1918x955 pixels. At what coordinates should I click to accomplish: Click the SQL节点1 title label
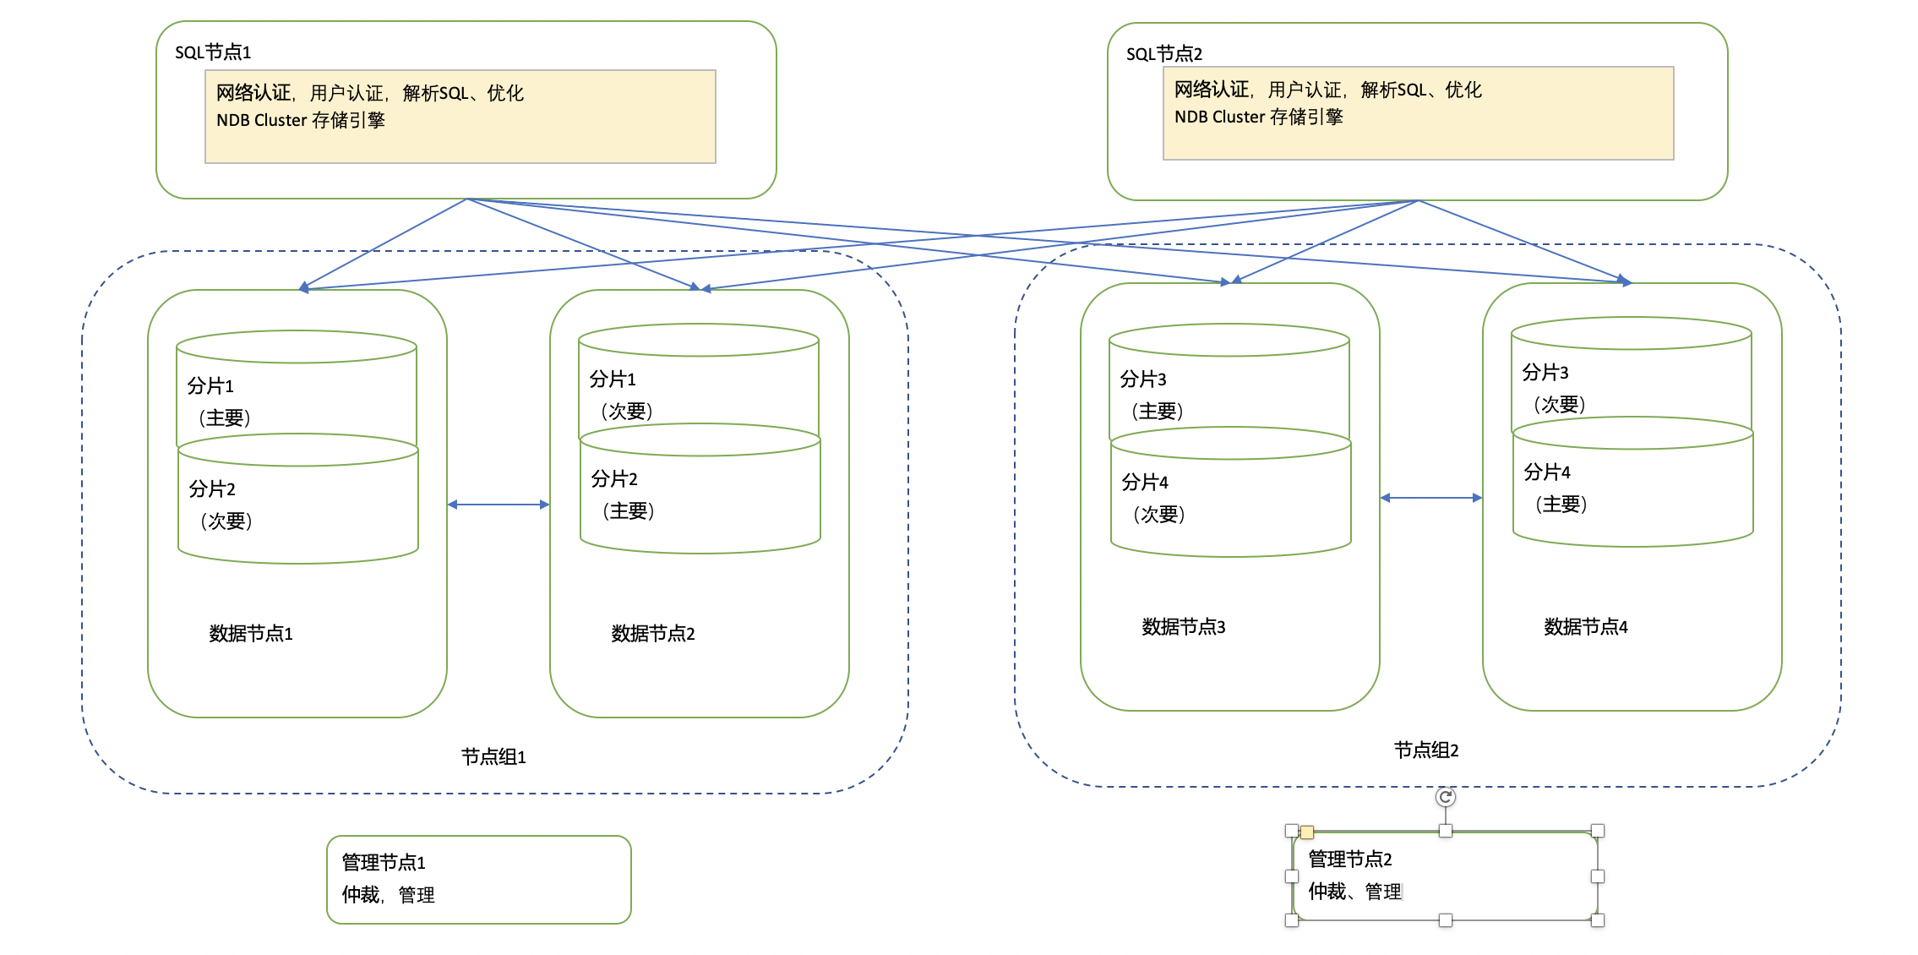[x=213, y=52]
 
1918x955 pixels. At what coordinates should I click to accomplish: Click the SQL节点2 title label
[x=1163, y=54]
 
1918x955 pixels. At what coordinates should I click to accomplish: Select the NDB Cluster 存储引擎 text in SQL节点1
[x=300, y=120]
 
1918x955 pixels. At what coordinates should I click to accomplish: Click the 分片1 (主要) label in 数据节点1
[x=218, y=401]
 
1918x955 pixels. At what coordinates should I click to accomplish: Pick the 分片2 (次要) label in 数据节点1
[x=220, y=505]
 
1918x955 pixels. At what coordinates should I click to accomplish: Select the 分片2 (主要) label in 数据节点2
[x=622, y=494]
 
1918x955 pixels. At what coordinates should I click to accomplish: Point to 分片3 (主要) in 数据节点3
[x=1151, y=395]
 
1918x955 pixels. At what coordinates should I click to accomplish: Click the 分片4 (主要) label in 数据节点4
[x=1555, y=488]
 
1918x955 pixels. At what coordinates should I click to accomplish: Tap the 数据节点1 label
[x=250, y=633]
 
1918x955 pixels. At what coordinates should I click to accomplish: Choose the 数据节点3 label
[x=1183, y=626]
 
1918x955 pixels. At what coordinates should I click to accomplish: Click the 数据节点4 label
[x=1585, y=626]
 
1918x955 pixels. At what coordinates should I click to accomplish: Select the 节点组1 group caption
[x=493, y=756]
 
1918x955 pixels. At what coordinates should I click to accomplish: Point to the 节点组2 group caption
[x=1426, y=750]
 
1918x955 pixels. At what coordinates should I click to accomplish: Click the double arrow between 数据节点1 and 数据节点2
[x=499, y=505]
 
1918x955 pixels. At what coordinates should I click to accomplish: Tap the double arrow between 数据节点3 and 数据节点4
[x=1431, y=498]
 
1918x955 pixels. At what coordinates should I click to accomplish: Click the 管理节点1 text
[x=383, y=862]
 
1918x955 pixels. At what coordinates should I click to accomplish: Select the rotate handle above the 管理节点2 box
[x=1445, y=797]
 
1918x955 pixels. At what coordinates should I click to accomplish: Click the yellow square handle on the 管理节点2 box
[x=1307, y=832]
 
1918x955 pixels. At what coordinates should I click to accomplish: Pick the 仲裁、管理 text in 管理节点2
[x=1354, y=892]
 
